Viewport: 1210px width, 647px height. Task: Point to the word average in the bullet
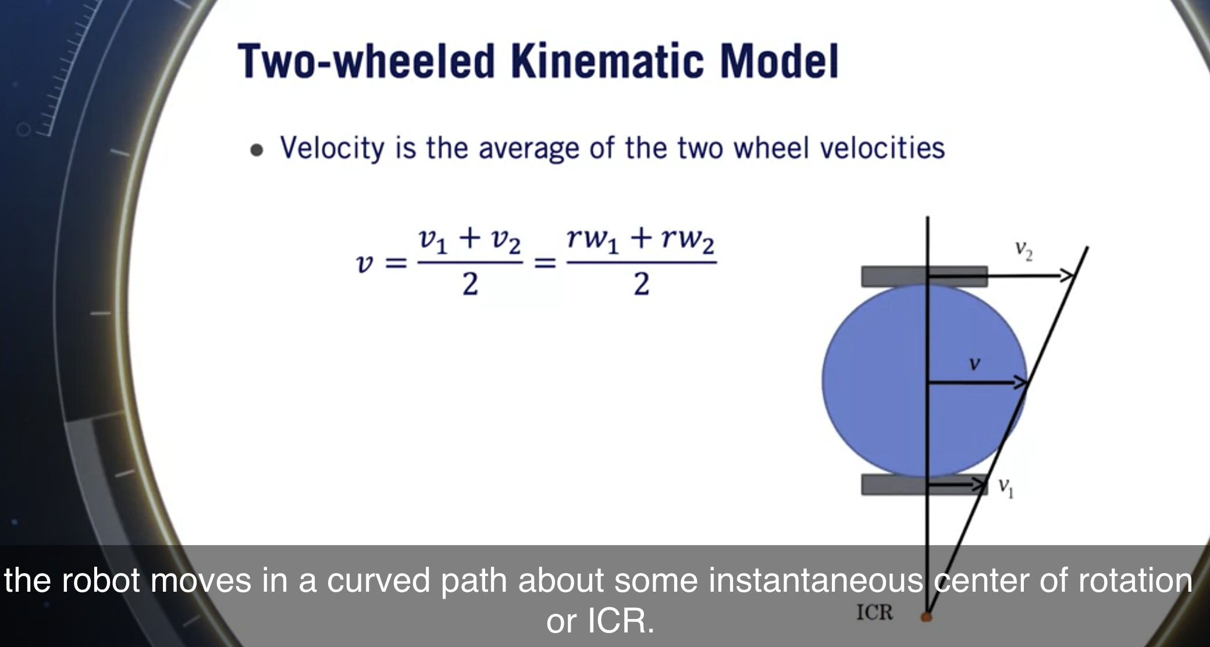point(528,148)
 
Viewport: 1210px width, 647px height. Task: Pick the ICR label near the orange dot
point(874,612)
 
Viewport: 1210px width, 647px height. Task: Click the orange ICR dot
point(926,616)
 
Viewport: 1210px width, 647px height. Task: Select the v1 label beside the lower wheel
point(1006,487)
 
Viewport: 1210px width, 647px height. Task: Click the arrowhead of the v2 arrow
point(1068,276)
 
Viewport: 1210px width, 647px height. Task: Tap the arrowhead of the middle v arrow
point(1022,382)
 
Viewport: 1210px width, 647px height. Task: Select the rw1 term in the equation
point(593,240)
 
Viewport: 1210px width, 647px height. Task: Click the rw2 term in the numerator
point(688,240)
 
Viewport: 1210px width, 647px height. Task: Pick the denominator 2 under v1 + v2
point(470,285)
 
